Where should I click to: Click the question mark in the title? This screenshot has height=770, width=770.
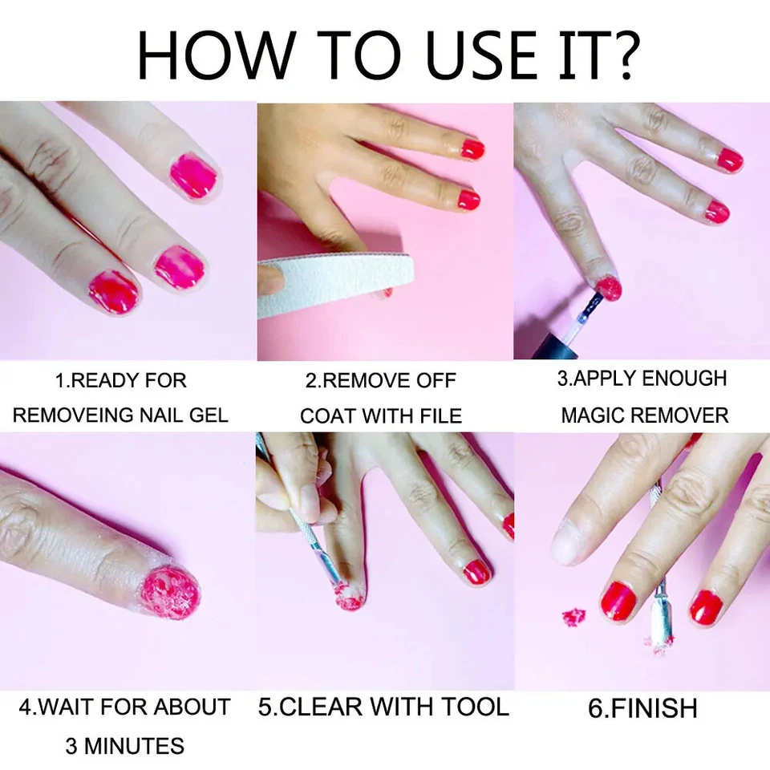click(x=620, y=55)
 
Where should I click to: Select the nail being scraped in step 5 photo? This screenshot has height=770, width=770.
click(x=348, y=595)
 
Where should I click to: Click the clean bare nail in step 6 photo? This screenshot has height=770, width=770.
click(x=571, y=541)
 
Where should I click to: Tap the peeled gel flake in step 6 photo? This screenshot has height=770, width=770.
click(x=573, y=617)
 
